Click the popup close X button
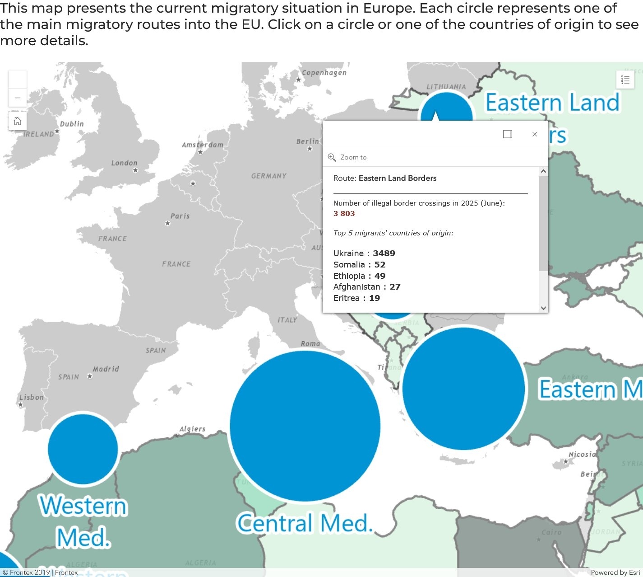pyautogui.click(x=535, y=134)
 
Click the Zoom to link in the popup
pyautogui.click(x=353, y=157)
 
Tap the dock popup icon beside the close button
pyautogui.click(x=508, y=134)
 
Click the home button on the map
pyautogui.click(x=18, y=121)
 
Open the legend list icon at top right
pyautogui.click(x=625, y=80)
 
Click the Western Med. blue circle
pyautogui.click(x=83, y=449)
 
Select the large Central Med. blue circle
pyautogui.click(x=305, y=426)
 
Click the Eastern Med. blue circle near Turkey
pyautogui.click(x=464, y=389)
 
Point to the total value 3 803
pyautogui.click(x=344, y=214)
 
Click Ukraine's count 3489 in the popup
pyautogui.click(x=384, y=253)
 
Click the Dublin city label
pyautogui.click(x=72, y=124)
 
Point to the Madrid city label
pyautogui.click(x=106, y=369)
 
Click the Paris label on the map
pyautogui.click(x=180, y=216)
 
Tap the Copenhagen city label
pyautogui.click(x=324, y=73)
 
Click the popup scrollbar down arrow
pyautogui.click(x=543, y=308)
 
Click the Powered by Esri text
pyautogui.click(x=615, y=572)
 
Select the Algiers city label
pyautogui.click(x=192, y=429)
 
